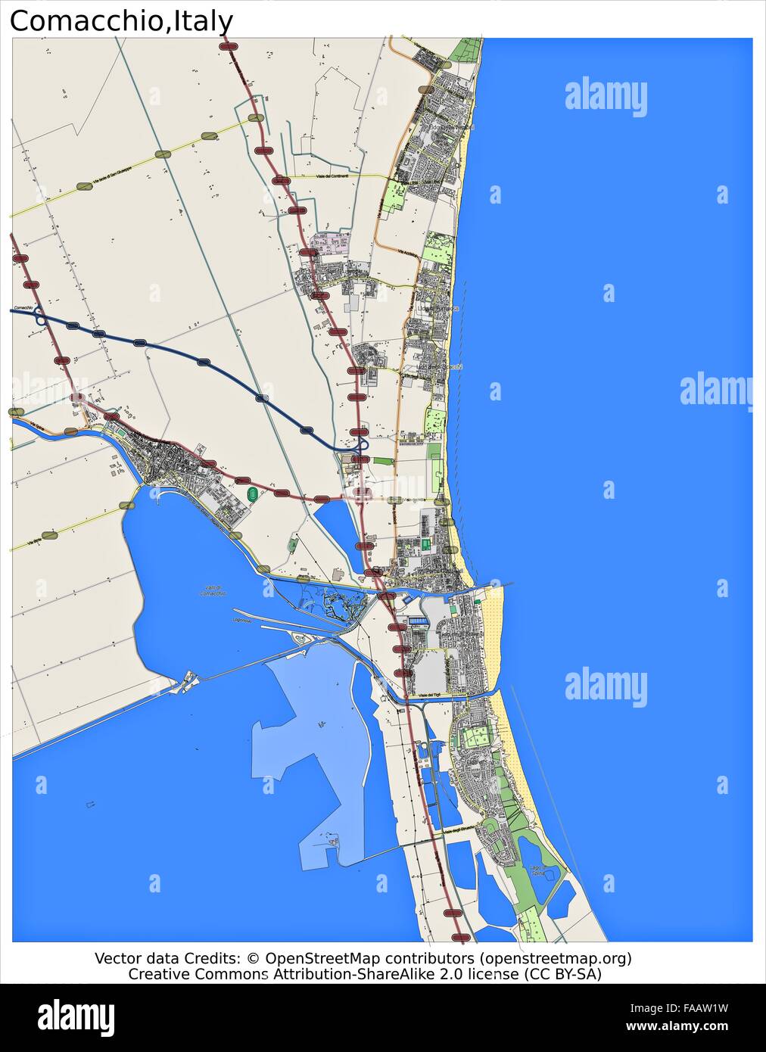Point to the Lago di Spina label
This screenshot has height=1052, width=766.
537,870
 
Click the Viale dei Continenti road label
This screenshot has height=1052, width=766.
332,176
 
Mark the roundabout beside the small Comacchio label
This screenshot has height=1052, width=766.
39,319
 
